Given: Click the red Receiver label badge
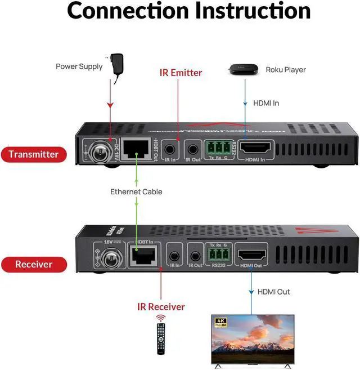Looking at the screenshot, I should pyautogui.click(x=34, y=264).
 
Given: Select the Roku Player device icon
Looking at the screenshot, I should pyautogui.click(x=243, y=70).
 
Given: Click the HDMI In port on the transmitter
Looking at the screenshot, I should pyautogui.click(x=256, y=149).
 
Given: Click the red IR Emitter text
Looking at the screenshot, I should pyautogui.click(x=180, y=73).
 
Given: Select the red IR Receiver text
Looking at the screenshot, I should pyautogui.click(x=161, y=307).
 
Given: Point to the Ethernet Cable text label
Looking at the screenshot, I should pyautogui.click(x=136, y=192).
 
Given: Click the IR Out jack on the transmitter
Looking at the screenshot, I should pyautogui.click(x=193, y=150).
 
